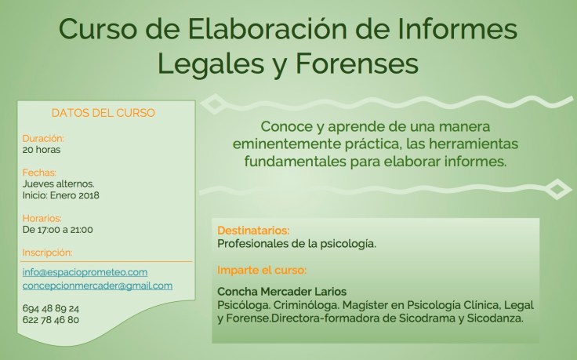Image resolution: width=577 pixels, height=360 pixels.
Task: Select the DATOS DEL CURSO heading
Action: pyautogui.click(x=103, y=113)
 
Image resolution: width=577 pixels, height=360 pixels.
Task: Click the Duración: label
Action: pyautogui.click(x=43, y=138)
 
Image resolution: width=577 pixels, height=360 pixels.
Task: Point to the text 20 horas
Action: pyautogui.click(x=42, y=149)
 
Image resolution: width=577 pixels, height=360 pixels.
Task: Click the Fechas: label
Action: pyautogui.click(x=40, y=172)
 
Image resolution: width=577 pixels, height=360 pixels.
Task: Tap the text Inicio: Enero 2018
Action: pyautogui.click(x=61, y=195)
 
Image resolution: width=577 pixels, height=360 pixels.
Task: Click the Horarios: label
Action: pyautogui.click(x=42, y=218)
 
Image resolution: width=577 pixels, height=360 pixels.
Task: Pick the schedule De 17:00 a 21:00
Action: pyautogui.click(x=58, y=230)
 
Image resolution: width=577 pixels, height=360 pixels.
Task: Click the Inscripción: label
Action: pyautogui.click(x=47, y=253)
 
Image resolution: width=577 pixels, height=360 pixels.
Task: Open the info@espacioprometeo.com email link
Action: pyautogui.click(x=85, y=272)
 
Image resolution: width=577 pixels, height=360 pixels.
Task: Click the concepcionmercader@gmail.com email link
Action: pyautogui.click(x=97, y=285)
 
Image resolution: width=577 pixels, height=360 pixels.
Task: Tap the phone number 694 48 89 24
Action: pyautogui.click(x=51, y=308)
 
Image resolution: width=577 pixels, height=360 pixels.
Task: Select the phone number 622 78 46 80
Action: pyautogui.click(x=51, y=320)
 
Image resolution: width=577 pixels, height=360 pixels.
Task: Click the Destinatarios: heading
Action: pyautogui.click(x=253, y=231)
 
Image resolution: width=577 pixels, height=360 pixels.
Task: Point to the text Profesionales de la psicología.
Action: pyautogui.click(x=296, y=244)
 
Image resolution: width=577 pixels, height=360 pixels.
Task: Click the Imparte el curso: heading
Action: pyautogui.click(x=261, y=270)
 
